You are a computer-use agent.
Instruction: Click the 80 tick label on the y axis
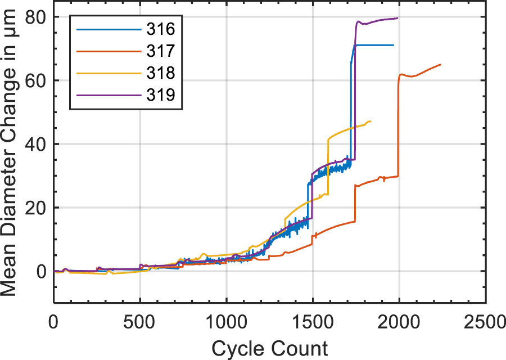[34, 17]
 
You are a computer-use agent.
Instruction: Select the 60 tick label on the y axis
[34, 80]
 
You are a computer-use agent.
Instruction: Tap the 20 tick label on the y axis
[34, 208]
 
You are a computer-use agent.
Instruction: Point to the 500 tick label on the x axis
[140, 324]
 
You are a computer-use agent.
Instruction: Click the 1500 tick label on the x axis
[313, 324]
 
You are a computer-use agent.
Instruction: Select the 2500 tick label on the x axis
[485, 324]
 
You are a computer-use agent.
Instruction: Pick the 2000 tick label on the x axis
[399, 324]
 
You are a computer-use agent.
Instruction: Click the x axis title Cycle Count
[269, 348]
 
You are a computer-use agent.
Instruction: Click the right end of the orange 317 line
[441, 65]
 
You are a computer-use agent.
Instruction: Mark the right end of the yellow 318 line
[371, 121]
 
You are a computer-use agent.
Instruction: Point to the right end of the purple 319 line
[397, 18]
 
